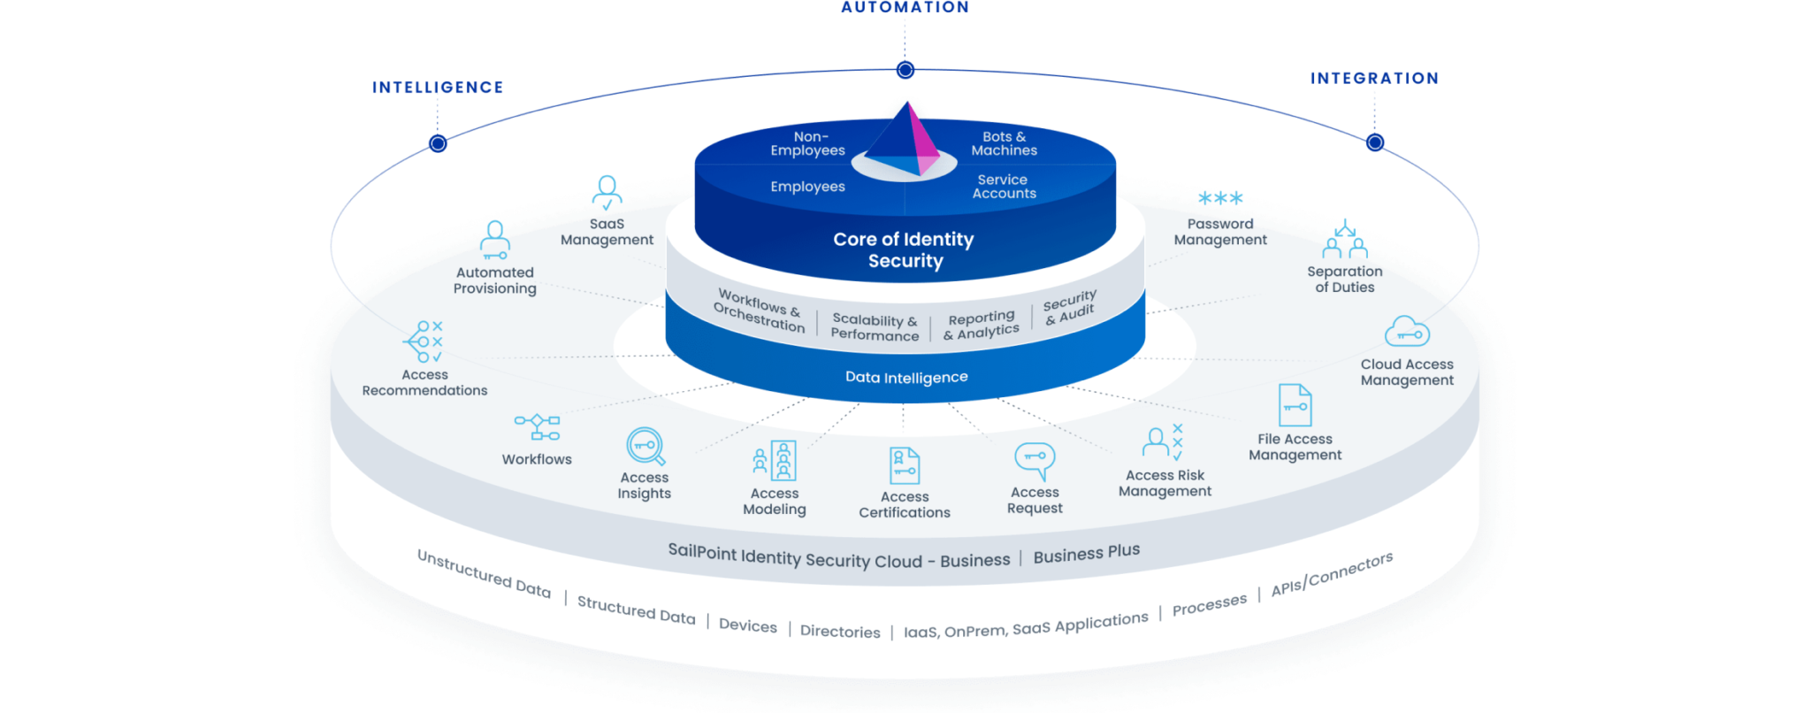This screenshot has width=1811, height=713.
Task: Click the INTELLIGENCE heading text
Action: (438, 87)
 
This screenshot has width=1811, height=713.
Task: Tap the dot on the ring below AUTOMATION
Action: (905, 70)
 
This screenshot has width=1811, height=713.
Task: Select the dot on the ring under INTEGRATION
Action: (1375, 142)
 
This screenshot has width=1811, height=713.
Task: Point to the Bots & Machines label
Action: (1004, 143)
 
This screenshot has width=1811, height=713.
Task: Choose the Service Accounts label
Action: (1004, 187)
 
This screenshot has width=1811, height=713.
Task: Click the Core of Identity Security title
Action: (904, 249)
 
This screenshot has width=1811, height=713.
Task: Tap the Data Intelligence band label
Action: (906, 378)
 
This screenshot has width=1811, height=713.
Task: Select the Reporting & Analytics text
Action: (981, 325)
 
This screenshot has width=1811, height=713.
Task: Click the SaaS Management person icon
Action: (607, 192)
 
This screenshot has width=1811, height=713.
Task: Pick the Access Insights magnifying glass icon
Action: (646, 447)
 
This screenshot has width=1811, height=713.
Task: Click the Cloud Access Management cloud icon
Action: (1407, 332)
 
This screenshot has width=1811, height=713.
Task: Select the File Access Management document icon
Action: (1295, 406)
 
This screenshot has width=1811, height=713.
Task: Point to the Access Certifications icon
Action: (904, 466)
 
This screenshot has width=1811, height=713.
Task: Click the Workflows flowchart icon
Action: (537, 427)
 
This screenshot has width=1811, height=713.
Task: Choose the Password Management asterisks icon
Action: (1220, 199)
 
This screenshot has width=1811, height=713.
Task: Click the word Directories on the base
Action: (840, 632)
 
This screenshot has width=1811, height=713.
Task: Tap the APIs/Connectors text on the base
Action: (1332, 575)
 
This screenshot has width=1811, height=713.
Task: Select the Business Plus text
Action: (1086, 554)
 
